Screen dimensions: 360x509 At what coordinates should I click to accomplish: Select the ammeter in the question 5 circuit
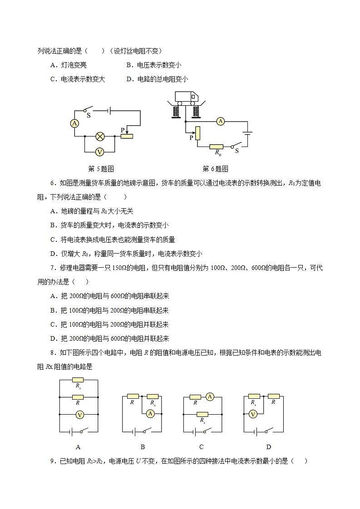pyautogui.click(x=75, y=123)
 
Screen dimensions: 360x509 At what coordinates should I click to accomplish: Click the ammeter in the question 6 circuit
pyautogui.click(x=220, y=121)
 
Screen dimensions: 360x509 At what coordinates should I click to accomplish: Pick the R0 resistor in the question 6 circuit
pyautogui.click(x=216, y=147)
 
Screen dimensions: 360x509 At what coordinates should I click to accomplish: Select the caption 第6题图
pyautogui.click(x=215, y=169)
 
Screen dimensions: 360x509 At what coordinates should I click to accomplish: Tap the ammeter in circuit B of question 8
pyautogui.click(x=151, y=413)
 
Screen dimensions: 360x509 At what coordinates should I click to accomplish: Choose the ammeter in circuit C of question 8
pyautogui.click(x=209, y=396)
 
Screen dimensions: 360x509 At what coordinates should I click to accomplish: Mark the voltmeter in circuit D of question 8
pyautogui.click(x=254, y=414)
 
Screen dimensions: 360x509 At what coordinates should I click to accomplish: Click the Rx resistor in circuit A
pyautogui.click(x=78, y=380)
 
